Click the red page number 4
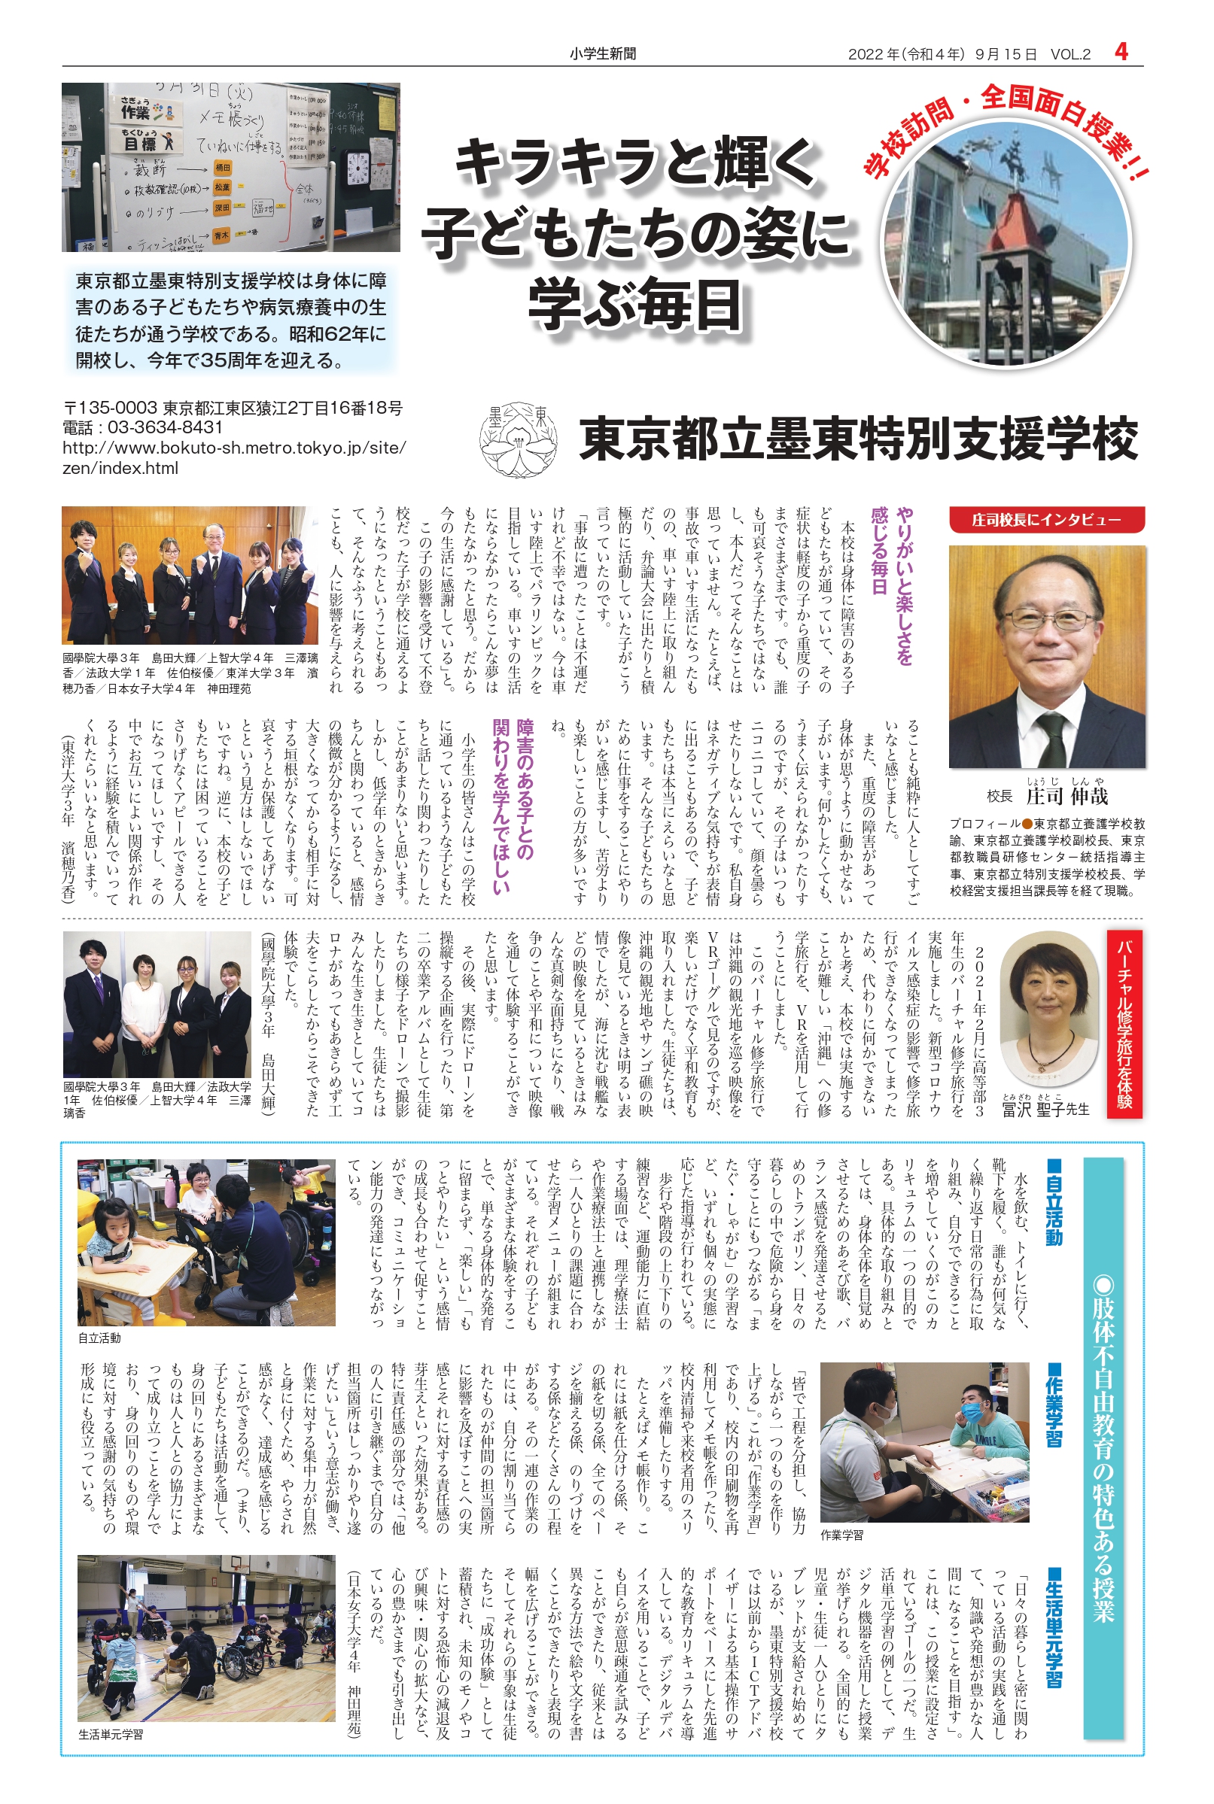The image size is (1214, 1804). point(1121,52)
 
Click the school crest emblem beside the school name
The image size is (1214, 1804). point(518,439)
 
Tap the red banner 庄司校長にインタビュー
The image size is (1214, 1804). point(1046,520)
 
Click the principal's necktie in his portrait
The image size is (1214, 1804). point(1052,735)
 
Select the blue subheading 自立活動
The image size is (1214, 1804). point(1053,1201)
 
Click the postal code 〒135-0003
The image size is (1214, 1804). point(110,408)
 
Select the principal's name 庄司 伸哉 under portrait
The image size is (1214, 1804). point(1067,796)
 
